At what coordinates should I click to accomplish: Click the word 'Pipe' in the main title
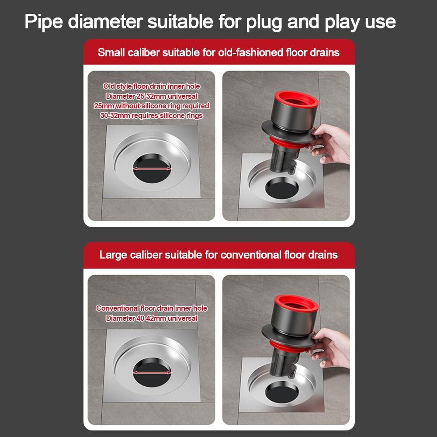coord(43,21)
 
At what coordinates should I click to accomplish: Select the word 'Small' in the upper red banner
coord(111,52)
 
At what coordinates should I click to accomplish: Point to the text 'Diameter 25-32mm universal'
coord(151,96)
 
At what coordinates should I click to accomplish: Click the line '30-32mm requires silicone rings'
coord(151,115)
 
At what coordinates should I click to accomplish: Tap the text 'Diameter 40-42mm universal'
coord(151,318)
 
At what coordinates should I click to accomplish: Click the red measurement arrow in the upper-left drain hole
coord(152,169)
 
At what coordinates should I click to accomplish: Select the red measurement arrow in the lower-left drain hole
coord(152,373)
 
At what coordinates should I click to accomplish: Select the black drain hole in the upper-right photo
coord(282,190)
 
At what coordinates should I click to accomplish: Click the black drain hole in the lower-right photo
coord(282,394)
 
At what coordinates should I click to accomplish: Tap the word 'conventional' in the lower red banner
coord(251,255)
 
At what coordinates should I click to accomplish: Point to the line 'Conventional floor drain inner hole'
coord(151,308)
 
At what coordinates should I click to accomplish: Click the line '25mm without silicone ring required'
coord(151,106)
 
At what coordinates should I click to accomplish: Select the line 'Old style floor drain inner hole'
coord(151,87)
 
